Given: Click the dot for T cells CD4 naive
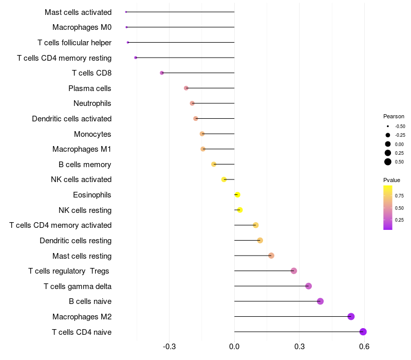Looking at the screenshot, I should (363, 332).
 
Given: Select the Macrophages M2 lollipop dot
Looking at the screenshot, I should (351, 316).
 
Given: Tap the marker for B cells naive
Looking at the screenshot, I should (320, 301).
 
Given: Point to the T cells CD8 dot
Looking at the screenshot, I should (162, 73).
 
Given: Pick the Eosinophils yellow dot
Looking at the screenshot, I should (237, 194).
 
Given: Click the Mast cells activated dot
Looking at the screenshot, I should (126, 12).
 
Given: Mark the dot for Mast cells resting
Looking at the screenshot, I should (271, 256).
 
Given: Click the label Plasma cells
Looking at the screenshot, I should (90, 88).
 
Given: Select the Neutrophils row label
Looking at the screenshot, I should (92, 103).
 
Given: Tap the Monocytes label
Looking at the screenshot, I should (92, 134).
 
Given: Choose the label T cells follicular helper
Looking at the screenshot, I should (74, 42).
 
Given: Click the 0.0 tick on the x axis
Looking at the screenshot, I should (234, 346).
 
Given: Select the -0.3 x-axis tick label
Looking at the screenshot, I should (169, 346).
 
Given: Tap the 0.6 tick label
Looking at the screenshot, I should (364, 346).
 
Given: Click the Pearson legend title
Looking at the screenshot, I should (394, 116).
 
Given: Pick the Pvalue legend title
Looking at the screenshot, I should (391, 180).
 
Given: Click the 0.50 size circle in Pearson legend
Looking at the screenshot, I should (388, 162).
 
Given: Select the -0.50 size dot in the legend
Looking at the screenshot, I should (388, 126).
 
